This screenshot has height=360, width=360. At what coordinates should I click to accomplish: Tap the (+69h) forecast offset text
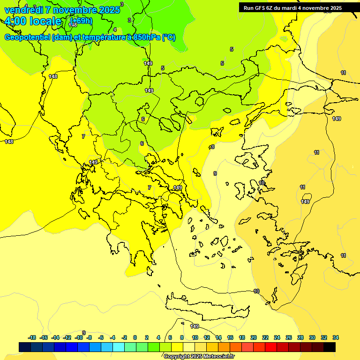81,21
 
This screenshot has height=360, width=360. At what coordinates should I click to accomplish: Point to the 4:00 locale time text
33,21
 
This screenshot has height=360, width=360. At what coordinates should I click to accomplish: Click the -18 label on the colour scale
32,337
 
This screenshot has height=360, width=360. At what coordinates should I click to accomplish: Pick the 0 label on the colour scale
135,337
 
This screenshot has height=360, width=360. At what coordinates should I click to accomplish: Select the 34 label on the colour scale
336,337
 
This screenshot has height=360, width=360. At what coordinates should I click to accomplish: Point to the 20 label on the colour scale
254,337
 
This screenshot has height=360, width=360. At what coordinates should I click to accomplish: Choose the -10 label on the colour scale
79,337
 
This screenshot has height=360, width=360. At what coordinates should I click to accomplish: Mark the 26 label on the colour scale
289,337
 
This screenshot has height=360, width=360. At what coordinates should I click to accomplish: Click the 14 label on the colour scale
218,337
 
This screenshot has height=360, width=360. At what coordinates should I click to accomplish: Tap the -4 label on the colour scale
112,337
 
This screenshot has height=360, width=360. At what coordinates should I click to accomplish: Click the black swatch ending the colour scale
330,347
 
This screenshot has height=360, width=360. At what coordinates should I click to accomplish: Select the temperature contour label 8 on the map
212,147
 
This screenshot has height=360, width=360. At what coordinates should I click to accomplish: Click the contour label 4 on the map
115,29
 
